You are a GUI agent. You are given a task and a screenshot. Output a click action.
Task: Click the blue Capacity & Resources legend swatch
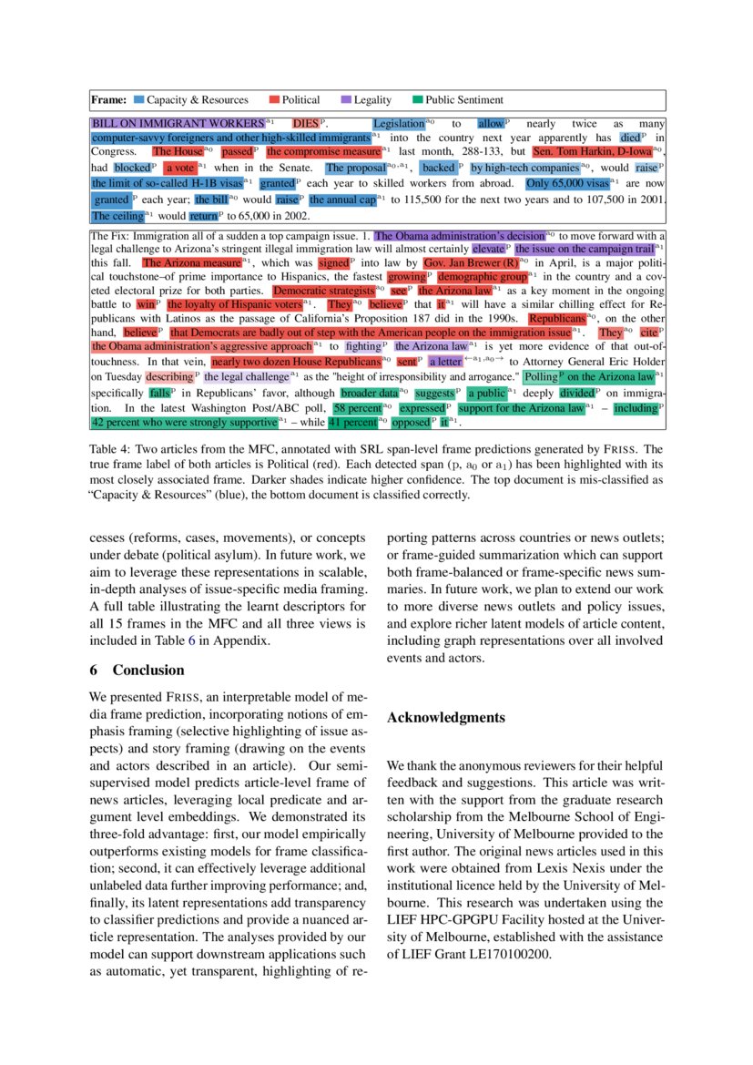[x=139, y=100]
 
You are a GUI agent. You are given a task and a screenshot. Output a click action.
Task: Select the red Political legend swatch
[x=274, y=100]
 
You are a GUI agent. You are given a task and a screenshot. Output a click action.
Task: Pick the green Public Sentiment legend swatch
[x=418, y=100]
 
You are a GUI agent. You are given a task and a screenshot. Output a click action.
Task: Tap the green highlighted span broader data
[x=370, y=393]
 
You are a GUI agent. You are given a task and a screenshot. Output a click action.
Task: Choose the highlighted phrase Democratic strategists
[x=323, y=290]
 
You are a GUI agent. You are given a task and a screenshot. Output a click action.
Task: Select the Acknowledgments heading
[x=445, y=718]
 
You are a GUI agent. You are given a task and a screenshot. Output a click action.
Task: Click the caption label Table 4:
[x=110, y=450]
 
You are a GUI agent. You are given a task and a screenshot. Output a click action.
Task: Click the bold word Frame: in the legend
[x=108, y=100]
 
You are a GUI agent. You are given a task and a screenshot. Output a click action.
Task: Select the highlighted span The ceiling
[x=117, y=217]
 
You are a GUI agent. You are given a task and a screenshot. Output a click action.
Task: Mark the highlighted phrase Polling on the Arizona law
[x=588, y=376]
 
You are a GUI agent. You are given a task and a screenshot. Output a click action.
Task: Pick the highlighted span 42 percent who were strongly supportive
[x=183, y=423]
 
